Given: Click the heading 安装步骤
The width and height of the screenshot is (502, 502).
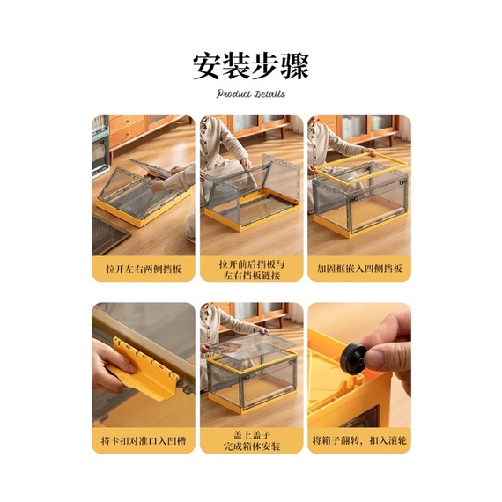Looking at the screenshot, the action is tap(251, 67).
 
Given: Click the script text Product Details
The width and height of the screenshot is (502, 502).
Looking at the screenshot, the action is tap(251, 94).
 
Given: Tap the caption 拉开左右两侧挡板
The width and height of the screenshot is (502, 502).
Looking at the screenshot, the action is tap(144, 269).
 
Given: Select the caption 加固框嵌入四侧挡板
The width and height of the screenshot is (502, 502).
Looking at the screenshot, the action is tap(359, 269).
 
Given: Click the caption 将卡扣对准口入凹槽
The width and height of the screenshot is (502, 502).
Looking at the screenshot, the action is tap(143, 441).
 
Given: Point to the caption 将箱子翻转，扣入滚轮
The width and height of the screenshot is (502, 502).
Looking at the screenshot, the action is tap(359, 441).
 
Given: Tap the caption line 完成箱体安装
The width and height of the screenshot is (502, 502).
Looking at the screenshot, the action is tap(252, 447).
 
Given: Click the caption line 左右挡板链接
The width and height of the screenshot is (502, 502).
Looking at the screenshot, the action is tap(252, 276).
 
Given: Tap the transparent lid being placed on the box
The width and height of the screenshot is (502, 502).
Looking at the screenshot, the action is tap(252, 345).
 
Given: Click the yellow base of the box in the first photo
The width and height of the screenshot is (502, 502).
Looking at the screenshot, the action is tap(144, 210).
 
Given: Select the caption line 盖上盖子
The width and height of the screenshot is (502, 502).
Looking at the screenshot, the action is tap(252, 435).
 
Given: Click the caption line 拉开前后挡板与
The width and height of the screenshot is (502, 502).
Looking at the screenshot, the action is tap(252, 264).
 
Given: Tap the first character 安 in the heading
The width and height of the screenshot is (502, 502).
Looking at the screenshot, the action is tap(207, 67).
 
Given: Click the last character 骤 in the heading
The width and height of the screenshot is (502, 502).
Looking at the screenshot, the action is tap(295, 67).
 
